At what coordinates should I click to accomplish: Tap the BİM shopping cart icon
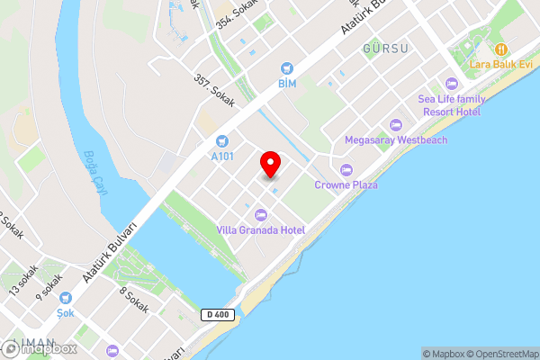[287, 68]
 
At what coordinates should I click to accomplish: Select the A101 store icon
[222, 141]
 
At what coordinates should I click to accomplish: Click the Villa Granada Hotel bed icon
[261, 214]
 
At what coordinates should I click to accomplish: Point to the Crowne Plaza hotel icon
[346, 169]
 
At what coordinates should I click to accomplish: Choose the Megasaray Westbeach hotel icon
[395, 124]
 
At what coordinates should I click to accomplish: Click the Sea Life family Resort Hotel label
[453, 105]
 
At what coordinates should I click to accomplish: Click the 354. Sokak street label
[237, 21]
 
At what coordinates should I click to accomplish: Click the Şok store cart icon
[64, 298]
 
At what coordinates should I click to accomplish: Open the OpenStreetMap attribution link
[499, 354]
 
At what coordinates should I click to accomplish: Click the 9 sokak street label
[49, 289]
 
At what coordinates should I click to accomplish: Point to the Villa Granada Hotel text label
[261, 230]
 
